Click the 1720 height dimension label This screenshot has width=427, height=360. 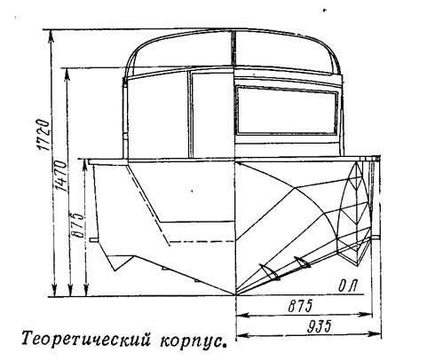[43, 135]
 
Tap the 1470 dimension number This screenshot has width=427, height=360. [60, 176]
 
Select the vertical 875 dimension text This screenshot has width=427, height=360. [76, 224]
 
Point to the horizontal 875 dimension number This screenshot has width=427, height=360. [300, 306]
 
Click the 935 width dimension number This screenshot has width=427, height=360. [319, 326]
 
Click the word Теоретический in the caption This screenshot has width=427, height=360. [84, 340]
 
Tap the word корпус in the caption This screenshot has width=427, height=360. [192, 341]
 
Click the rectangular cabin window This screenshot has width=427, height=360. [287, 110]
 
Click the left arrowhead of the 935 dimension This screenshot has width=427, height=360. [242, 335]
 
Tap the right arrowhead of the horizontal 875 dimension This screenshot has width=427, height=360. [366, 315]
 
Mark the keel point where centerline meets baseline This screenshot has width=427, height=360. [235, 295]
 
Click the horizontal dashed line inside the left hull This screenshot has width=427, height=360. [202, 242]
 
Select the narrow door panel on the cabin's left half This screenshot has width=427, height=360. [210, 114]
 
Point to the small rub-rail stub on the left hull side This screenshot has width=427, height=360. [93, 239]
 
